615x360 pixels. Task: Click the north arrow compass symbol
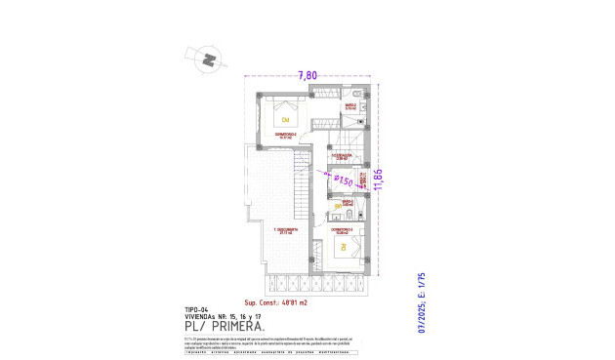point(209,60)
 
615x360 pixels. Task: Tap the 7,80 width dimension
point(307,74)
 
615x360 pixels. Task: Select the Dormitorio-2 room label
point(286,135)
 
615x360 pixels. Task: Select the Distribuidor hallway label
point(341,155)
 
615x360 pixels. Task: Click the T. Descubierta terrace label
point(285,230)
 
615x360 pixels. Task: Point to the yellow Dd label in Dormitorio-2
point(286,120)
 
